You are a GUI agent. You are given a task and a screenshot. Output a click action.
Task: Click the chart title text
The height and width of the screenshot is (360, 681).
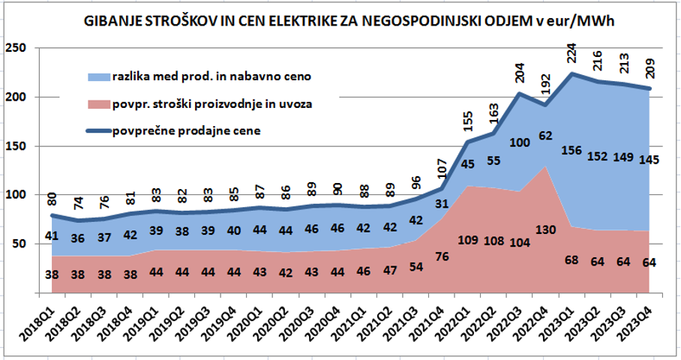348,23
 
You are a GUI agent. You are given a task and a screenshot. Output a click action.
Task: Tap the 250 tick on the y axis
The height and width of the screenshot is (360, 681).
16,49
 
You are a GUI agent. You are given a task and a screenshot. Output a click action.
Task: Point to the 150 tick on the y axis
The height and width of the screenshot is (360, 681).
16,146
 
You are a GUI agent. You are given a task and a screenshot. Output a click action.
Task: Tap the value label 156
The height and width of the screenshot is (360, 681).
572,151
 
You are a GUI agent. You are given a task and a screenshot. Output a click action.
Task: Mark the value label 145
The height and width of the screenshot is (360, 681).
649,159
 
